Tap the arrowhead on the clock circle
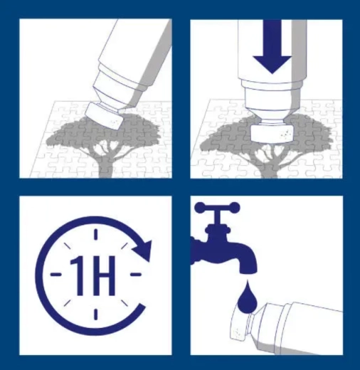(143, 250)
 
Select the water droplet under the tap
(247, 297)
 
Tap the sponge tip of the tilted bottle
(105, 116)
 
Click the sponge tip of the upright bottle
(272, 133)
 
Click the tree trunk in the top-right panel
(269, 169)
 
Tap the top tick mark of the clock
(96, 234)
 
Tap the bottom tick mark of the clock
(96, 314)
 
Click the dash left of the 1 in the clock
(55, 275)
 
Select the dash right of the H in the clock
(136, 275)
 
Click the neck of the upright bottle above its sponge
(272, 122)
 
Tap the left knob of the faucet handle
(199, 207)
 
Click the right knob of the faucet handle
(235, 207)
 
